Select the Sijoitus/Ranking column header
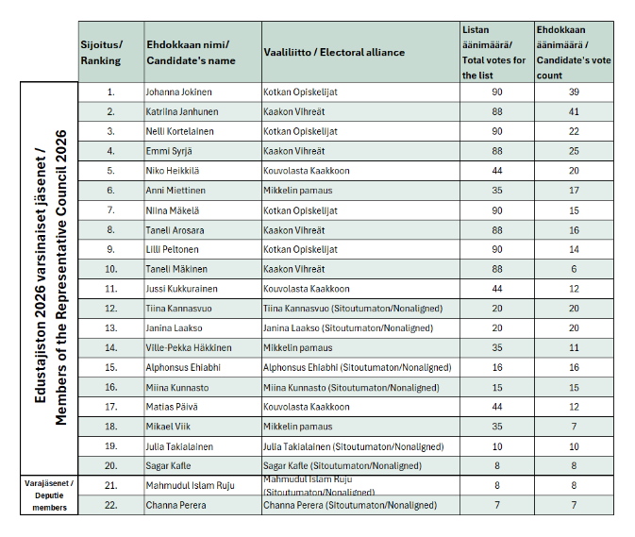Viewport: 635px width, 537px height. pos(101,53)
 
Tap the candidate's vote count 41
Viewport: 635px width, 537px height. pos(573,111)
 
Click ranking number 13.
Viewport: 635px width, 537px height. pos(110,327)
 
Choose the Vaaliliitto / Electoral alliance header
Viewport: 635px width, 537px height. pos(334,53)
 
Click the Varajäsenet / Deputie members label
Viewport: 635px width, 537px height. pos(48,495)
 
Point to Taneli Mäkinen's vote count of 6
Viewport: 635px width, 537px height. pos(573,269)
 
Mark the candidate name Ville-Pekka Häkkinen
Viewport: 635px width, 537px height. pos(190,347)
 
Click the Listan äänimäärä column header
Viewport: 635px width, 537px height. pos(495,53)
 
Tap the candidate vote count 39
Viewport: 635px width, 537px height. pos(573,92)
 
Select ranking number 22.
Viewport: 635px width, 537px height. pos(110,505)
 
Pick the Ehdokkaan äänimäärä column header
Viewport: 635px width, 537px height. pos(573,53)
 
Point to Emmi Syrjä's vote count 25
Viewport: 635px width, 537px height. pos(573,151)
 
